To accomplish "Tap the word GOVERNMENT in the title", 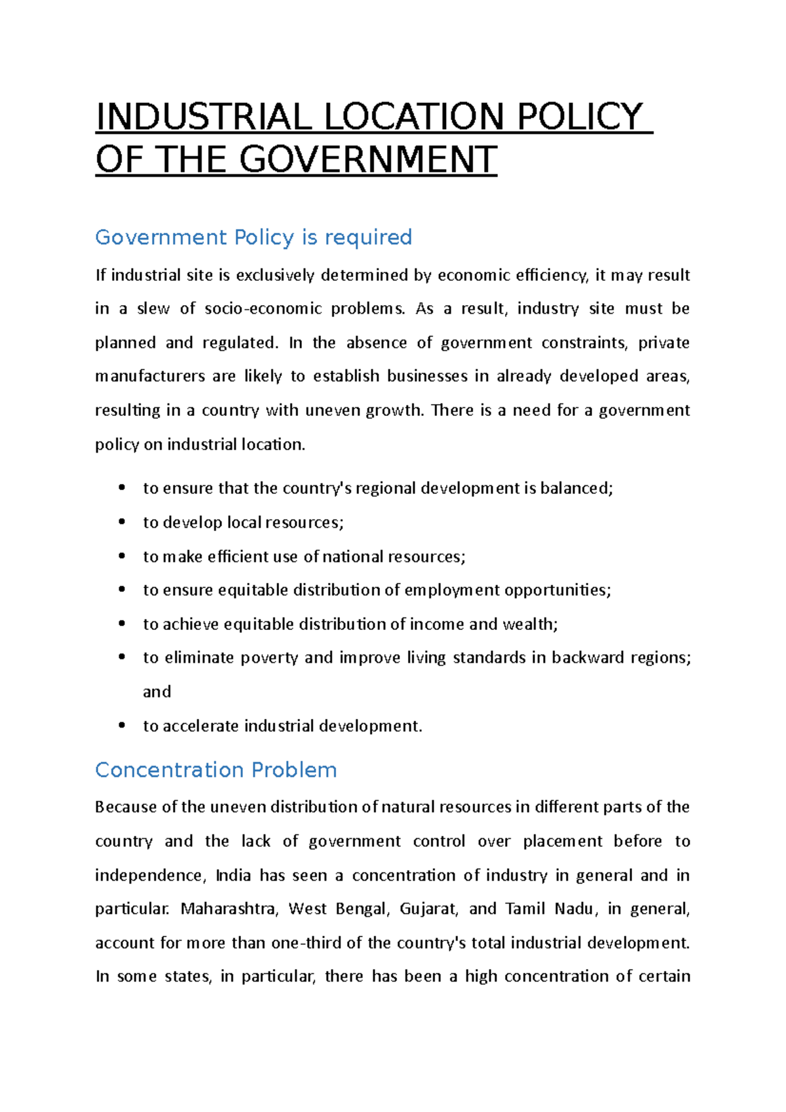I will tap(368, 160).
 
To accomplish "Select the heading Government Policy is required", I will tap(253, 237).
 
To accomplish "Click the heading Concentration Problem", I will tap(215, 769).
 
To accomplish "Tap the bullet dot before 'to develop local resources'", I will tap(122, 521).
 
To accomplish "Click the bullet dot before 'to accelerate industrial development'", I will tap(122, 725).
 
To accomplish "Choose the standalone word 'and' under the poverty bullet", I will tap(157, 692).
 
